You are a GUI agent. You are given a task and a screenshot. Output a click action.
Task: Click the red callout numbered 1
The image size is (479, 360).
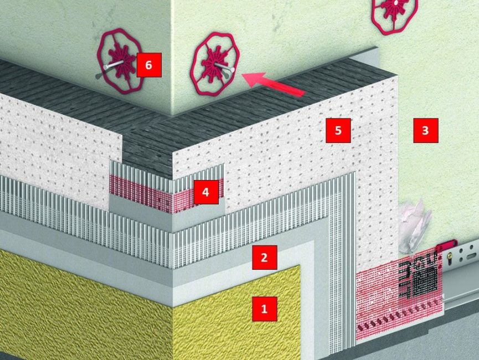tap(265, 308)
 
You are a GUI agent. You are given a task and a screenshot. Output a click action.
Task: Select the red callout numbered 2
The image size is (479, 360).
tap(265, 258)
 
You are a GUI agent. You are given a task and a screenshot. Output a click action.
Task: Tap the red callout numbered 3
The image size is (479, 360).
tap(425, 131)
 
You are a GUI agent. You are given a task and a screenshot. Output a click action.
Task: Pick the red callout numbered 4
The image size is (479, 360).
tap(206, 192)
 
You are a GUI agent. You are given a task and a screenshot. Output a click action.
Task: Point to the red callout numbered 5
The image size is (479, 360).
tap(338, 131)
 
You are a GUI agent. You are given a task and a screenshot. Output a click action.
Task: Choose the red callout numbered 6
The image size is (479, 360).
tap(149, 65)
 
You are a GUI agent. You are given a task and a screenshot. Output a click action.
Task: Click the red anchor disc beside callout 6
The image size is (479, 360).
tap(120, 61)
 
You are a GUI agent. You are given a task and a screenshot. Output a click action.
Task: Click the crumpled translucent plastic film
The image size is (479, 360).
tap(415, 226)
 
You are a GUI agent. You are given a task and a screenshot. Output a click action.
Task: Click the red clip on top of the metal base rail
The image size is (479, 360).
tap(447, 244)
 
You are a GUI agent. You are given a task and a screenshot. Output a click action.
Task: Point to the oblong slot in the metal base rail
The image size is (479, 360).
tap(471, 253)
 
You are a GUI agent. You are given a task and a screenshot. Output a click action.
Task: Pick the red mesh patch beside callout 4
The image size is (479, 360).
tap(167, 193)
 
